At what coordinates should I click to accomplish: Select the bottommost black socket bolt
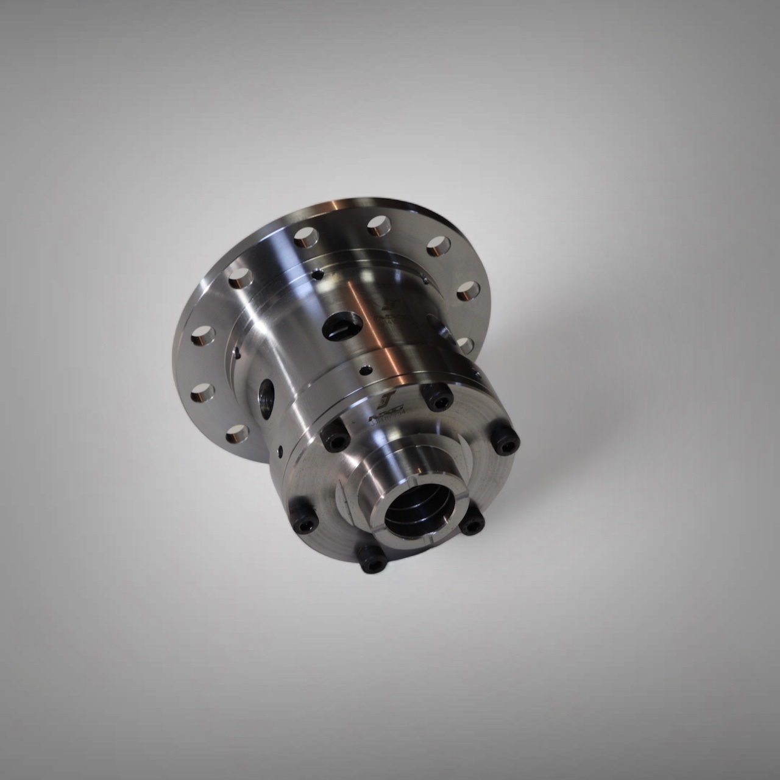[x=370, y=559]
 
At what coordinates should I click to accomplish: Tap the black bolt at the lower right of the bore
[x=471, y=524]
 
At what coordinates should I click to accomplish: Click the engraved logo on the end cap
[x=389, y=402]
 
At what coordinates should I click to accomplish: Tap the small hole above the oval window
[x=316, y=275]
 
